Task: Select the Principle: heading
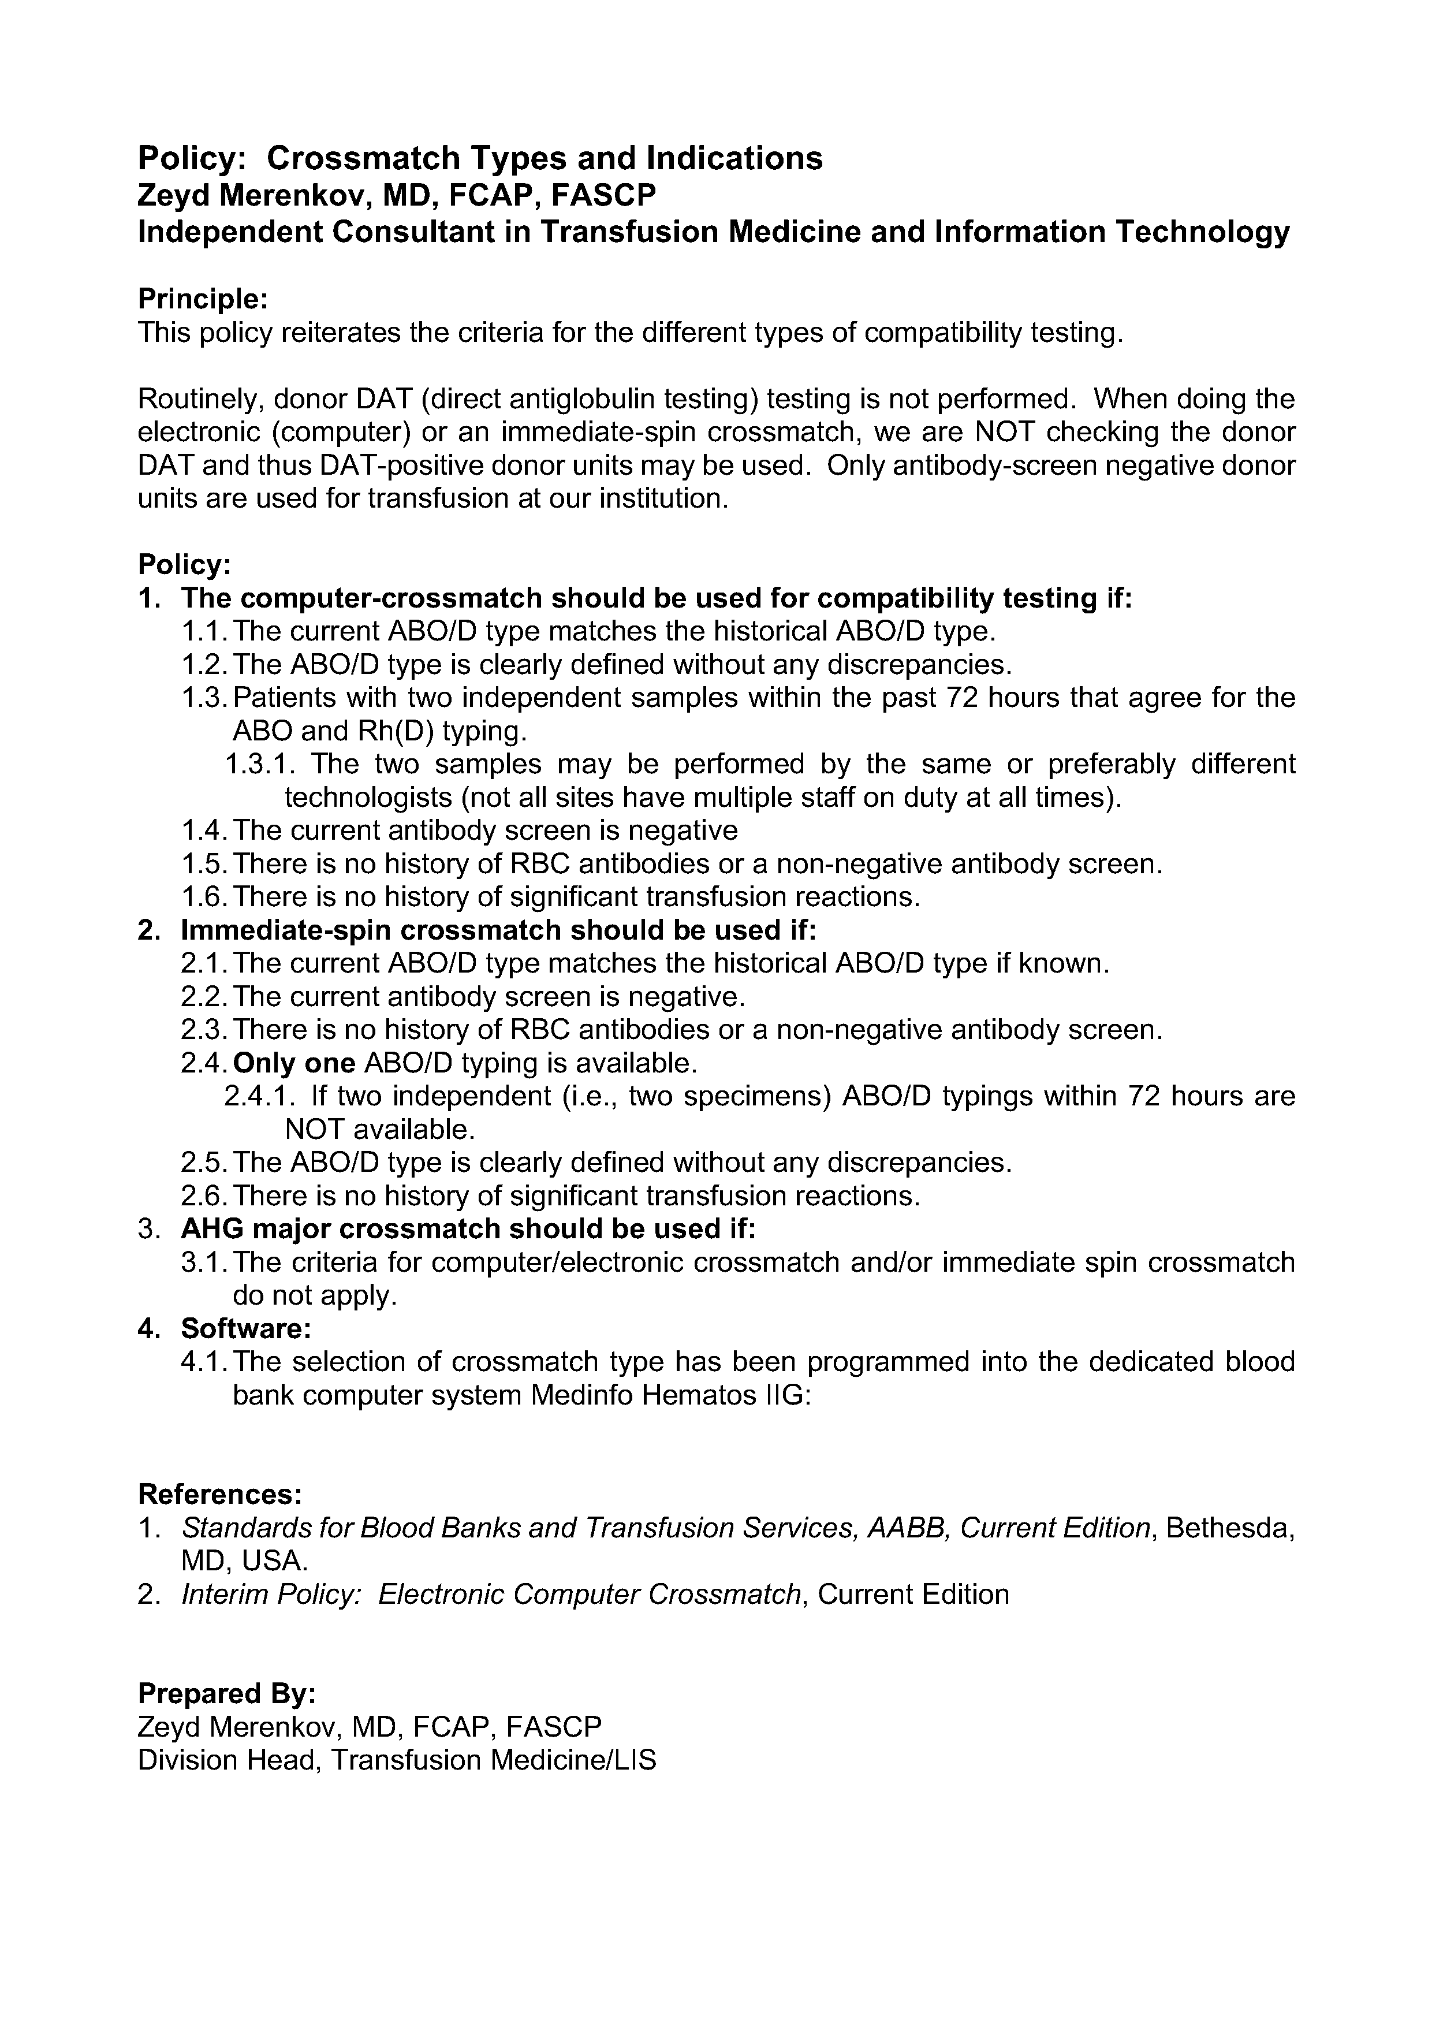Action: click(x=202, y=299)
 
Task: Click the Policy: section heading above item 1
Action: click(x=184, y=565)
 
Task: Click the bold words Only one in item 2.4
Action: click(x=294, y=1063)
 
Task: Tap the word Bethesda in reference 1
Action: click(x=1230, y=1528)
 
